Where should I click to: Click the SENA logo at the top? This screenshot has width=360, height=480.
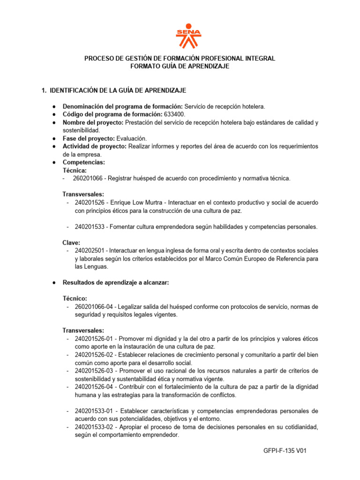click(x=188, y=36)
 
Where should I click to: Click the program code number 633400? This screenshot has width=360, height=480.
click(x=174, y=114)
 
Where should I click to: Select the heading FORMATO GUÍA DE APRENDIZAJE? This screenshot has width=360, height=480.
click(x=180, y=67)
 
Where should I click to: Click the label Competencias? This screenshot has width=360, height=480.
click(x=84, y=162)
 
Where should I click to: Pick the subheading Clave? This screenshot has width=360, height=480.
click(x=72, y=243)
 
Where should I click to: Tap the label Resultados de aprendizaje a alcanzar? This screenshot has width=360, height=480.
click(x=115, y=283)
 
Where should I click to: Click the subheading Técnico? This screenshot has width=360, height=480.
click(x=75, y=299)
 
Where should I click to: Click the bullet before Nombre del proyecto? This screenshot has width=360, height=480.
click(x=55, y=123)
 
